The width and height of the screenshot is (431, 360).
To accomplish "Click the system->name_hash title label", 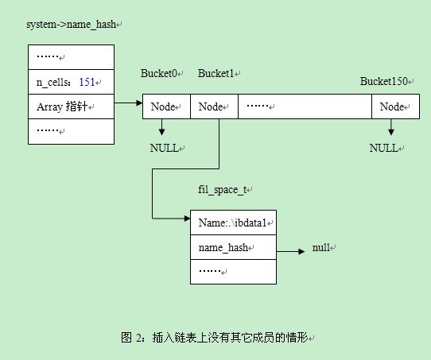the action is pos(71,25).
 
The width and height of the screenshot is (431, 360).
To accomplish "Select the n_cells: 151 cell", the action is pos(72,82).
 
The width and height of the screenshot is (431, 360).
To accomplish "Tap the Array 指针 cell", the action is pos(72,106).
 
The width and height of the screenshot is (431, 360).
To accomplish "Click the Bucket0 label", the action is pos(159,73).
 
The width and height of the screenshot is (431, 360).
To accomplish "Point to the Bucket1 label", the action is pos(216,73).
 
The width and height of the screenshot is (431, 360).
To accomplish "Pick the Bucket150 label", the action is pos(384,81).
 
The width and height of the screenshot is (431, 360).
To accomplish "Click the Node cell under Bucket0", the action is pos(166,106).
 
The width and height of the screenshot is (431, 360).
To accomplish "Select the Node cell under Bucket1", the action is pos(214,106).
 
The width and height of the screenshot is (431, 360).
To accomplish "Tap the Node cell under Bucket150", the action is pos(395,106).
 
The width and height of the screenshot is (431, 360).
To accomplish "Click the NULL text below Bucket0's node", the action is pos(165,148).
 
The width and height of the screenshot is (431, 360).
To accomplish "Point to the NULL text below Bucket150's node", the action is pos(384,148).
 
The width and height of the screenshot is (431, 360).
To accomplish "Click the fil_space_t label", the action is pos(223,190).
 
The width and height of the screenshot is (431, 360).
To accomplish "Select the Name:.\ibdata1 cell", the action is pos(233,223).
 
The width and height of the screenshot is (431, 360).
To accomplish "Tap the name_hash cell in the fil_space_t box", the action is pos(233,247).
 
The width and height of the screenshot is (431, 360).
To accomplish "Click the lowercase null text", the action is pos(321,247).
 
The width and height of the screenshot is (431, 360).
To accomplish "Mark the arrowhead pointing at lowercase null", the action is pos(301,251).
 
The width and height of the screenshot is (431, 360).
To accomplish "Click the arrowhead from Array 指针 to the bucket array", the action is pos(139,103).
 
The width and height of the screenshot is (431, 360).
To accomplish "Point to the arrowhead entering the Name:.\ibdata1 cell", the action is pos(187,219).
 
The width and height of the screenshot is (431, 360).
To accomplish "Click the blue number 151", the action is pos(87,82).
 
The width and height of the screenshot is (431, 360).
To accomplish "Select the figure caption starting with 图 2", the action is pos(215,337).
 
